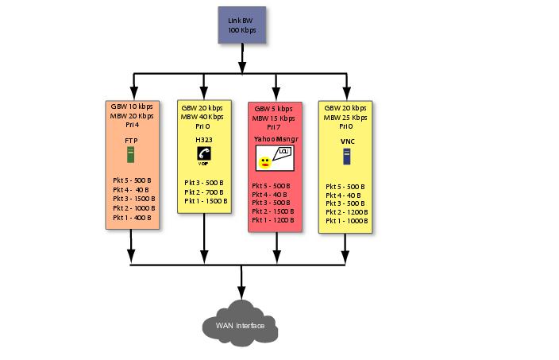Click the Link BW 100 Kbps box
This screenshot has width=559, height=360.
point(242,24)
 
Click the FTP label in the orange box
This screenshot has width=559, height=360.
point(133,140)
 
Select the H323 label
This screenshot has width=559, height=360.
point(203,140)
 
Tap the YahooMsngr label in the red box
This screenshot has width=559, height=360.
point(275,138)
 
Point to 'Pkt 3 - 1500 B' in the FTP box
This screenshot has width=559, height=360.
point(133,199)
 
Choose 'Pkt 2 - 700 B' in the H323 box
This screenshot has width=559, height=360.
point(205,192)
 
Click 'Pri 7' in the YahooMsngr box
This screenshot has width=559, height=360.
point(274,127)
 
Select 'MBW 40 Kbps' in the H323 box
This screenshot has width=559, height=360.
point(202,116)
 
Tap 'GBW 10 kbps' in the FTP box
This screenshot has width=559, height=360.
point(133,106)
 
